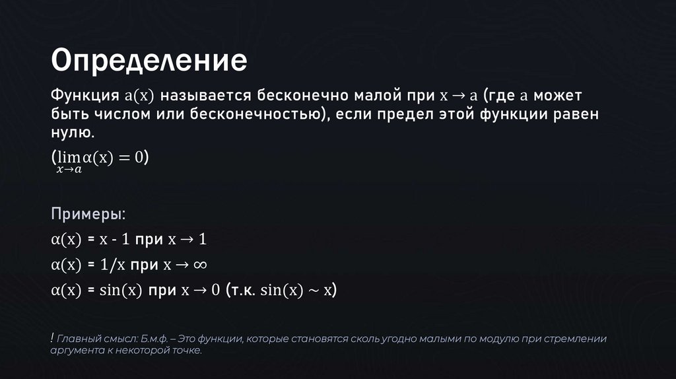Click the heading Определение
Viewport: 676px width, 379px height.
(x=150, y=61)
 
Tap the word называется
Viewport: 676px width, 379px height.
(x=203, y=96)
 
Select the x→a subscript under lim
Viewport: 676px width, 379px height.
(x=69, y=170)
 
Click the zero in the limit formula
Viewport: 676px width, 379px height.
(x=139, y=158)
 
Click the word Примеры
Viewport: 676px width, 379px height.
(x=87, y=216)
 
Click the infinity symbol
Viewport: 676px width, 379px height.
(x=200, y=265)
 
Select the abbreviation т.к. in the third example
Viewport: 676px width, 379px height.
(x=242, y=291)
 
